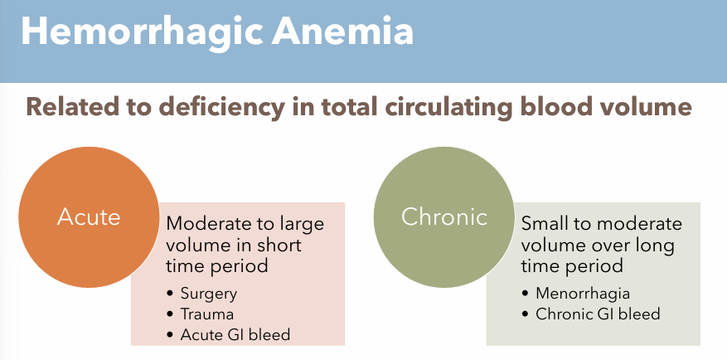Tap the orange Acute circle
point(89,217)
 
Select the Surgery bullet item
point(210,294)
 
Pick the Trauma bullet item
point(207,314)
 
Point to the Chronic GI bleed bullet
point(599,314)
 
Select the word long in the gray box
point(657,246)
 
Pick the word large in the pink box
point(300,225)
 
